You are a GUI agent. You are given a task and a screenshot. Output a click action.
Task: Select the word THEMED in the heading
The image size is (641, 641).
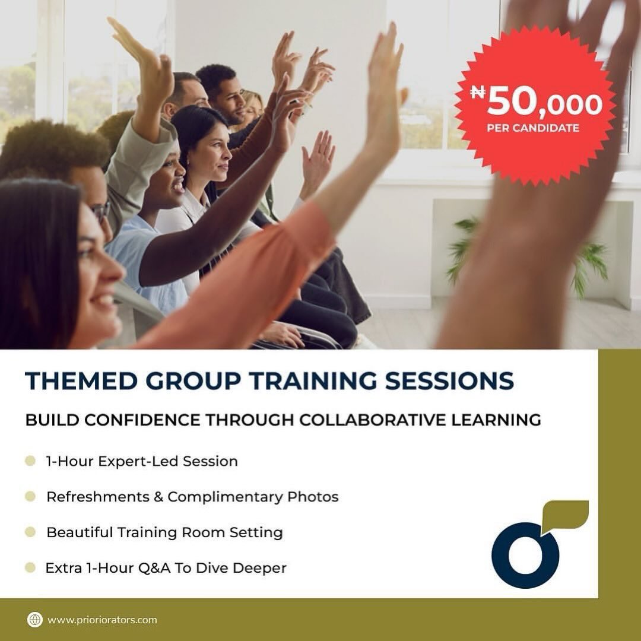[x=76, y=381]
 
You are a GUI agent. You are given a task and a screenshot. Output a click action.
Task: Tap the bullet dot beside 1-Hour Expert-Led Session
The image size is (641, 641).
[x=30, y=461]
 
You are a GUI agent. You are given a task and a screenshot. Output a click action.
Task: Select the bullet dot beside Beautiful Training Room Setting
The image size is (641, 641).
[x=30, y=532]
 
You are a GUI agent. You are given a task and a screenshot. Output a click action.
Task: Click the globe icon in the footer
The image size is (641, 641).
[x=35, y=620]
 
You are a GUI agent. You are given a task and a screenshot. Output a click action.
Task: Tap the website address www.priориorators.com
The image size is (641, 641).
[x=102, y=620]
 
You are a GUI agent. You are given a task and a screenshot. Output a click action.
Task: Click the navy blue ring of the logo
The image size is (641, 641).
[x=526, y=556]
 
